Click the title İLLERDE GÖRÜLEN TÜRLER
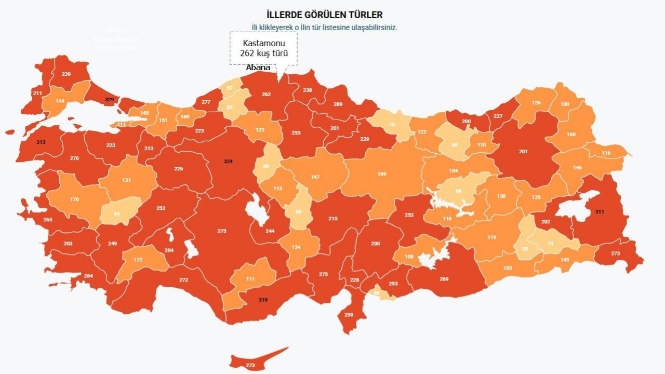click(325, 15)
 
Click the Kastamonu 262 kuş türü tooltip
click(263, 48)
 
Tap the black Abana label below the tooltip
click(258, 68)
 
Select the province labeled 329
click(109, 99)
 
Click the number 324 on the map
click(228, 162)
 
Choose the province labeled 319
click(263, 300)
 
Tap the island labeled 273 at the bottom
click(251, 365)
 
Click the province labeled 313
click(41, 142)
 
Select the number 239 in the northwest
click(66, 74)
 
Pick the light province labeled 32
click(525, 249)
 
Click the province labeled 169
click(382, 174)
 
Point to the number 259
click(349, 315)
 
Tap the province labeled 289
click(338, 104)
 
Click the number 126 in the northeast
click(536, 103)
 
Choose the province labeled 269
click(444, 279)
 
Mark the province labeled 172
click(138, 260)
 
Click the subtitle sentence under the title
click(325, 28)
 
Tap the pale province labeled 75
click(392, 124)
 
